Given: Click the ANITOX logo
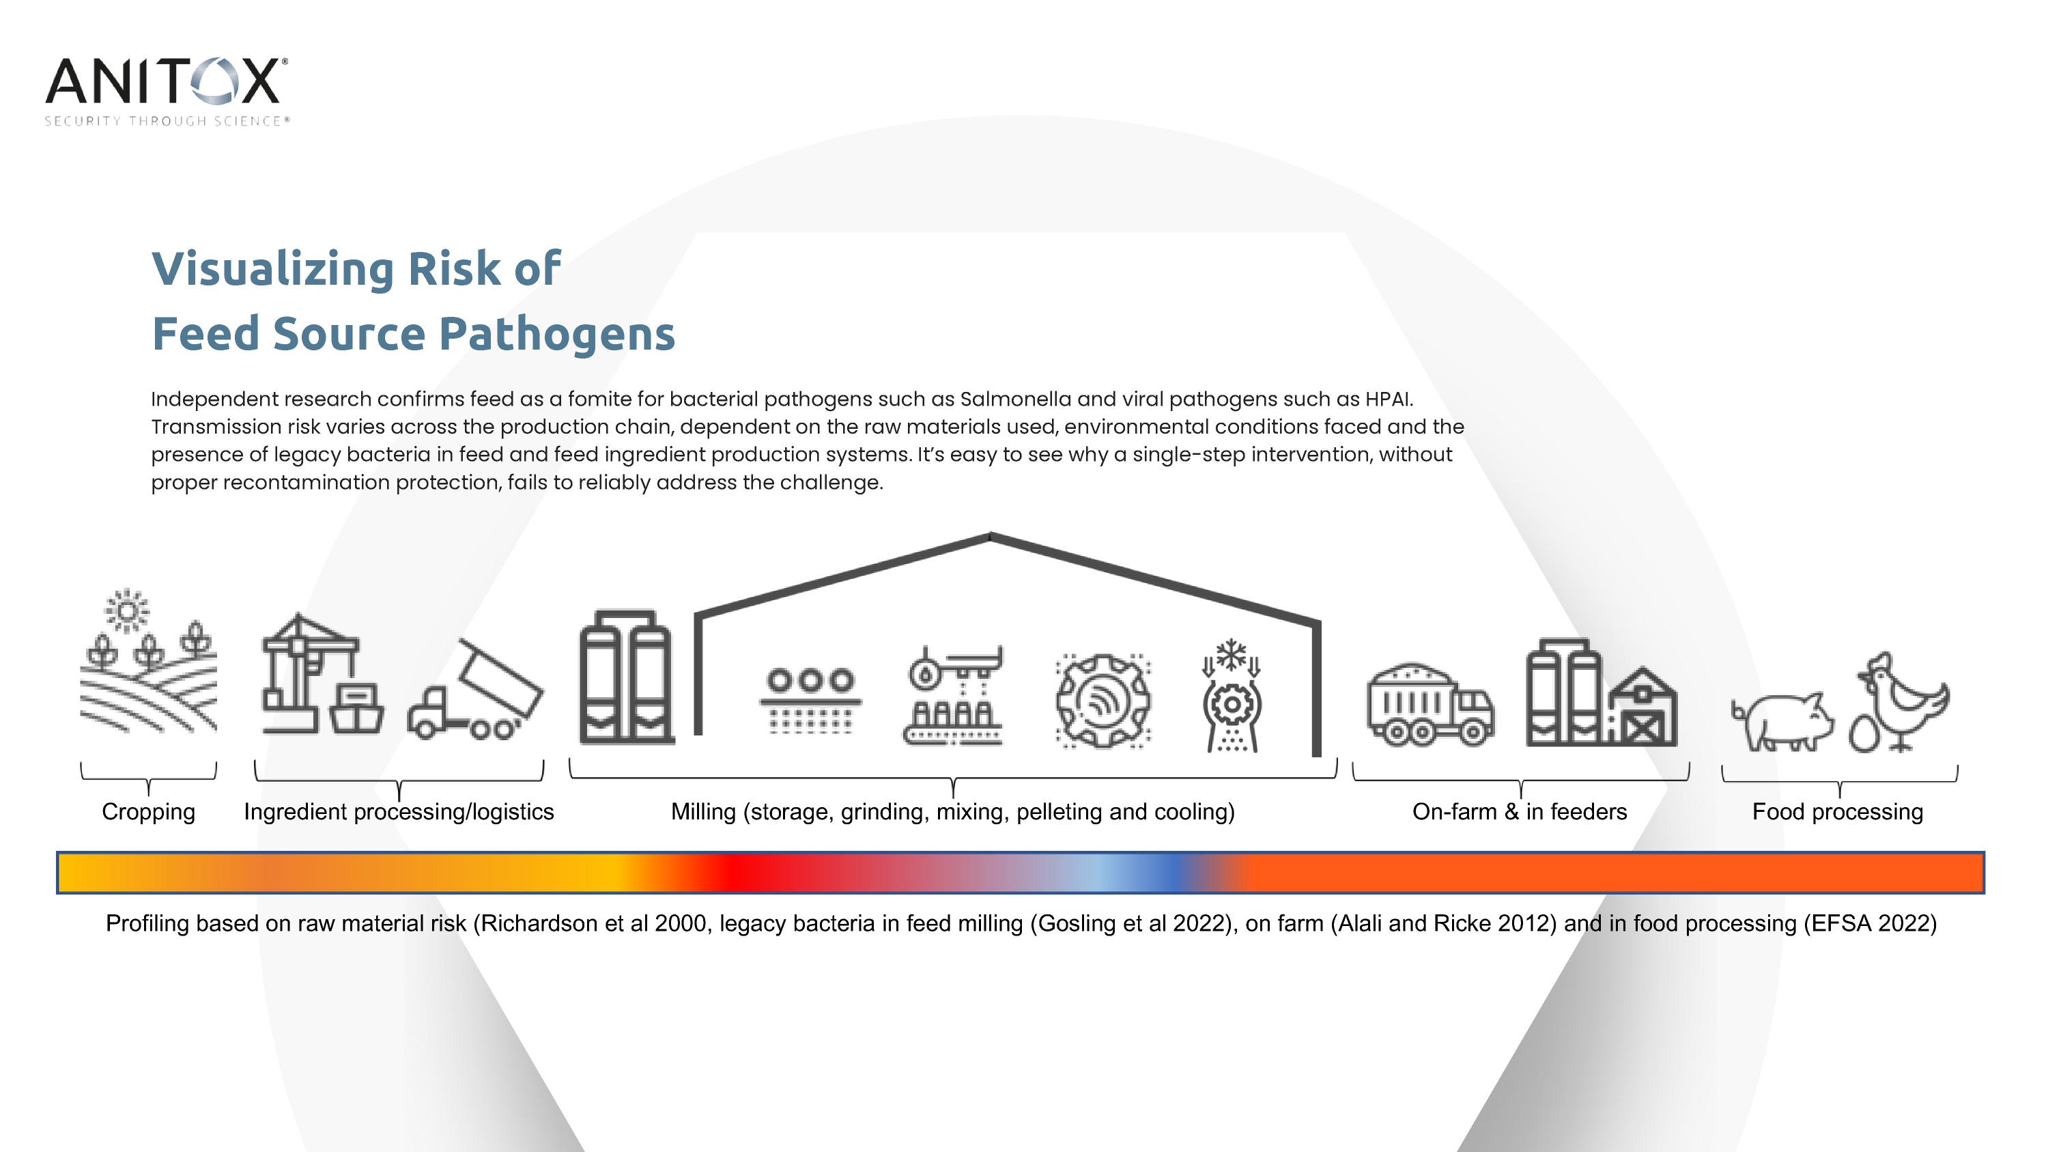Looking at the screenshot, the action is pos(167,91).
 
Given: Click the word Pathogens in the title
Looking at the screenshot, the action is pos(556,335).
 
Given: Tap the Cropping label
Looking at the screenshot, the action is pos(149,812).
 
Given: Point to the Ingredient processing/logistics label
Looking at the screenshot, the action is pos(399,812).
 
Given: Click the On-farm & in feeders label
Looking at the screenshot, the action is pos(1520,812).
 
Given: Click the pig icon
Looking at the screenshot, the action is pos(1783,720).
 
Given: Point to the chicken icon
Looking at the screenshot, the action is pos(1903,701).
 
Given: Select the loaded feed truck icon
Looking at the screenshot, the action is pos(1430,705).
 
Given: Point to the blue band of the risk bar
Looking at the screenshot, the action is pos(1169,872).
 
